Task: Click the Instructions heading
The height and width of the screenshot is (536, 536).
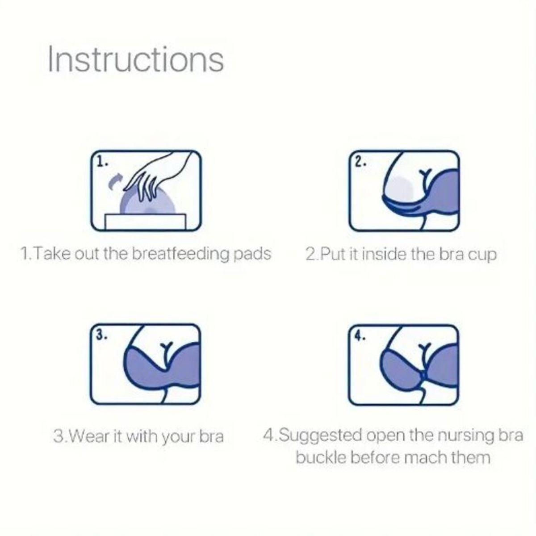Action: coord(136,59)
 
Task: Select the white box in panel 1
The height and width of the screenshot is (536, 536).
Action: coord(145,222)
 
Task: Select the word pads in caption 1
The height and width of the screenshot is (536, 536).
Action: coord(252,255)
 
